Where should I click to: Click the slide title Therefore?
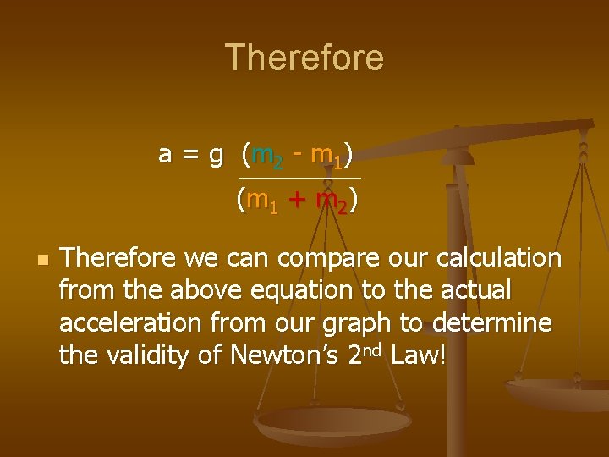click(x=304, y=58)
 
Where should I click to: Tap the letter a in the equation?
click(x=166, y=155)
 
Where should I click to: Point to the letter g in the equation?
click(x=217, y=157)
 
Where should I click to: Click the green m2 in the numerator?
click(x=268, y=156)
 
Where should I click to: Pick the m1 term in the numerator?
click(x=326, y=156)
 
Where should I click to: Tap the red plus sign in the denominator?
click(x=296, y=201)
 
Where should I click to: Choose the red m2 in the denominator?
click(x=331, y=202)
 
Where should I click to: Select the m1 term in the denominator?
click(x=262, y=202)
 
